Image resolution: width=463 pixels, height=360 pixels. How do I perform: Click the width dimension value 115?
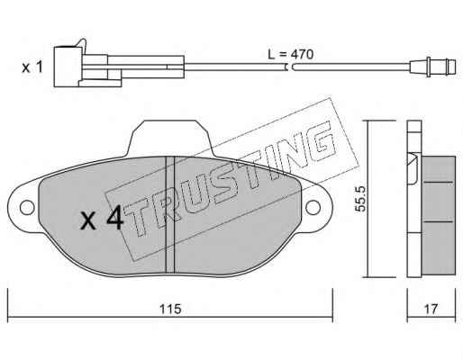[x=170, y=309]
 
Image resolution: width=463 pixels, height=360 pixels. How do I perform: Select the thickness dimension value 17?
[x=431, y=309]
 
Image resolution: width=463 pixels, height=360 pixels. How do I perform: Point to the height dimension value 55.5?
[x=359, y=199]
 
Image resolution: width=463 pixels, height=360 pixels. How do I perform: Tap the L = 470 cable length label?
[x=291, y=54]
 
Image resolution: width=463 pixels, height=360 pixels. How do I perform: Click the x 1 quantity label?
[x=32, y=67]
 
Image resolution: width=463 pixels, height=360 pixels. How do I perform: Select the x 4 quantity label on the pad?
[x=102, y=218]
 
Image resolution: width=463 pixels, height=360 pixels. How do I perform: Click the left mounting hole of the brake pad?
[x=27, y=208]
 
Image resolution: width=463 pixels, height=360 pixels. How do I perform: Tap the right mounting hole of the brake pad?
[x=313, y=208]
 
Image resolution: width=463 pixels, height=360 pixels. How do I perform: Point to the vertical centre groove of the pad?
[x=170, y=215]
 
